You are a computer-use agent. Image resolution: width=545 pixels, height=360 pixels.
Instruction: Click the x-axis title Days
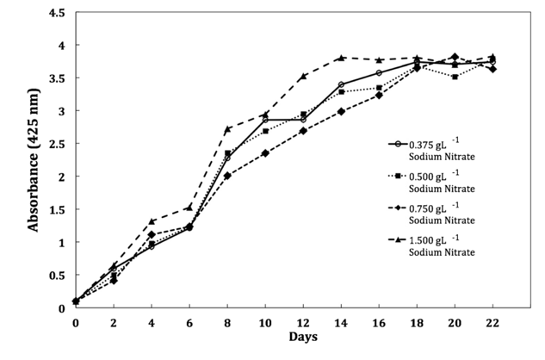[303, 336]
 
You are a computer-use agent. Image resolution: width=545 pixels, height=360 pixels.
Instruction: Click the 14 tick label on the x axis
[341, 321]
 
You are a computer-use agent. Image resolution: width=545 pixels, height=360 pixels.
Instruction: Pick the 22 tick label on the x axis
[492, 321]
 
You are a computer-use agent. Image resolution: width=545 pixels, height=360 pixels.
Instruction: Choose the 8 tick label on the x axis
[227, 321]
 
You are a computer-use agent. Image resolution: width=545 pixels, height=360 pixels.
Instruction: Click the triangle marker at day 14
[341, 58]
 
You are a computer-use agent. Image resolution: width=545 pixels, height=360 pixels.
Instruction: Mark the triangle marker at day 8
[227, 129]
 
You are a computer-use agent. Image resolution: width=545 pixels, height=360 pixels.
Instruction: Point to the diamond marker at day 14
[341, 111]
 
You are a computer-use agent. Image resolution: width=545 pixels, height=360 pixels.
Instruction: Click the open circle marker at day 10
[265, 120]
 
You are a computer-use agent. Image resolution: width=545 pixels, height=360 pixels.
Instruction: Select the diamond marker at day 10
[265, 153]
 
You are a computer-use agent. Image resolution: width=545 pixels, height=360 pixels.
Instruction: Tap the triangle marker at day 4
[152, 221]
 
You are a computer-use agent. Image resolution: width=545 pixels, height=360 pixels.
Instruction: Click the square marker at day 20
[455, 77]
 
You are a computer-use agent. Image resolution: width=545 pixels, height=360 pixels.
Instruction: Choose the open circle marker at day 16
[379, 72]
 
